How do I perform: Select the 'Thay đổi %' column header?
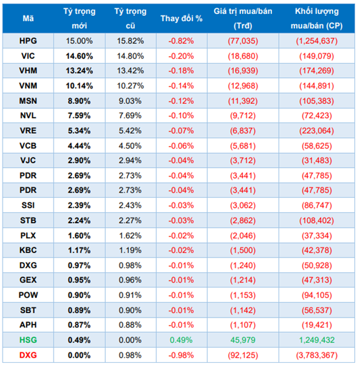pyautogui.click(x=182, y=18)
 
